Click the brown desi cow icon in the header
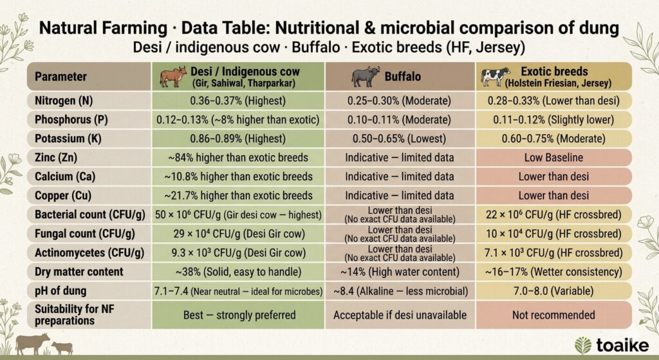point(172,77)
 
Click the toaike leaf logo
point(583,345)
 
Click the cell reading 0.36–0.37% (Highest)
point(239,101)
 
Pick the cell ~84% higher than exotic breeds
point(239,157)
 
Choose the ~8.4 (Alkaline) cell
point(400,292)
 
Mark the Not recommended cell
point(553,315)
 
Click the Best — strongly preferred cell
point(239,315)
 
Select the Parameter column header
point(60,77)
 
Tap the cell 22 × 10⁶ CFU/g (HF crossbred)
point(553,214)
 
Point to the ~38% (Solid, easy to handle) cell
point(239,272)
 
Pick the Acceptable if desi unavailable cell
point(399,315)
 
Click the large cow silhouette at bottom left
point(32,343)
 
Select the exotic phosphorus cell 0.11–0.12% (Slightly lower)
point(553,120)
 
